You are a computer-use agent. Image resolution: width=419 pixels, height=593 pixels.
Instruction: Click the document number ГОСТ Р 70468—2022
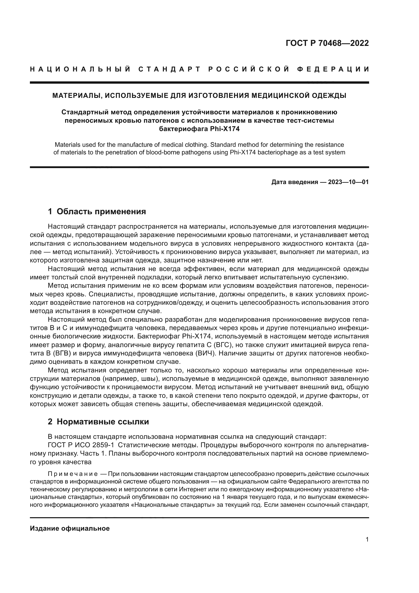tap(327, 43)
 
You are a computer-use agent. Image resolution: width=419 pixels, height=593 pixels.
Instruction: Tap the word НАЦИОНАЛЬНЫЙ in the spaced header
tap(80, 69)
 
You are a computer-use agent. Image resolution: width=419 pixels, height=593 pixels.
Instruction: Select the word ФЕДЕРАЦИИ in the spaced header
tap(333, 69)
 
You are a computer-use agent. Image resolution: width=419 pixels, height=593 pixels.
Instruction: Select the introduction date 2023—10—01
tap(348, 182)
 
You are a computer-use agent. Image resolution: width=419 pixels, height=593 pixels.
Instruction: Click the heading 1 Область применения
tap(97, 211)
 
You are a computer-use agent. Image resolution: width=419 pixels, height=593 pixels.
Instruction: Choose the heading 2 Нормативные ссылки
tap(98, 422)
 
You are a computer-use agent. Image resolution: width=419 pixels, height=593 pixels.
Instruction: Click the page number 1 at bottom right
tap(367, 539)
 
